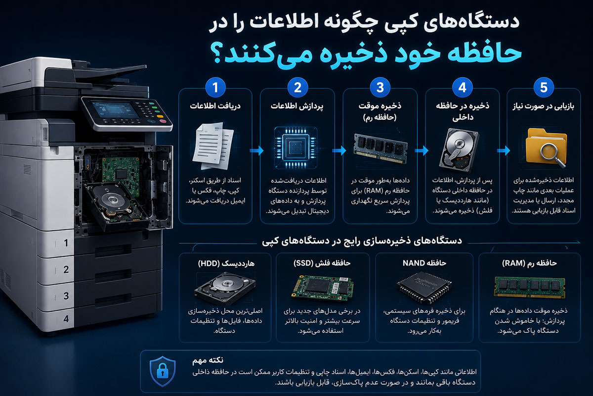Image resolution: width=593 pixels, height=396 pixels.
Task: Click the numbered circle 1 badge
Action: [215, 88]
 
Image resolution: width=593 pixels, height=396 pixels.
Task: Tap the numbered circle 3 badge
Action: [380, 88]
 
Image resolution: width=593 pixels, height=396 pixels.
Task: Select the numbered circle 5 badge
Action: [544, 88]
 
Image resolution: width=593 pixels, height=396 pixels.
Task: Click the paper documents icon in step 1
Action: [213, 146]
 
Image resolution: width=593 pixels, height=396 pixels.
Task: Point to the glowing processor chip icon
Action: [296, 148]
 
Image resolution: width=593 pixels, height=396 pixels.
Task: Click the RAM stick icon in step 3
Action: [381, 148]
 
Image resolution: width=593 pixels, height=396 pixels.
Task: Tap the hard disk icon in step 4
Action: [459, 149]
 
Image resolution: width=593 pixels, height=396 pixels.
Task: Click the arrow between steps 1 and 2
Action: [256, 150]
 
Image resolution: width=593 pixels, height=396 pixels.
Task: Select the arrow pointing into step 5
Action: [503, 150]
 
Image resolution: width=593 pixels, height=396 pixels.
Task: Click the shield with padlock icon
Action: [163, 371]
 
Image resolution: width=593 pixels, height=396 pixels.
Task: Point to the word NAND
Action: [414, 263]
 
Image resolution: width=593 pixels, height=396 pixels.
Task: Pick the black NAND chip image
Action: [424, 287]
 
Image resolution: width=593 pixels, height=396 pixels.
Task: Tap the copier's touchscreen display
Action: [116, 109]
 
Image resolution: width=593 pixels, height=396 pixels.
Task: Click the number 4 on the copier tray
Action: [66, 319]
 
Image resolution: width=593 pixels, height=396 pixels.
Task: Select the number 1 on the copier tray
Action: [66, 243]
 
